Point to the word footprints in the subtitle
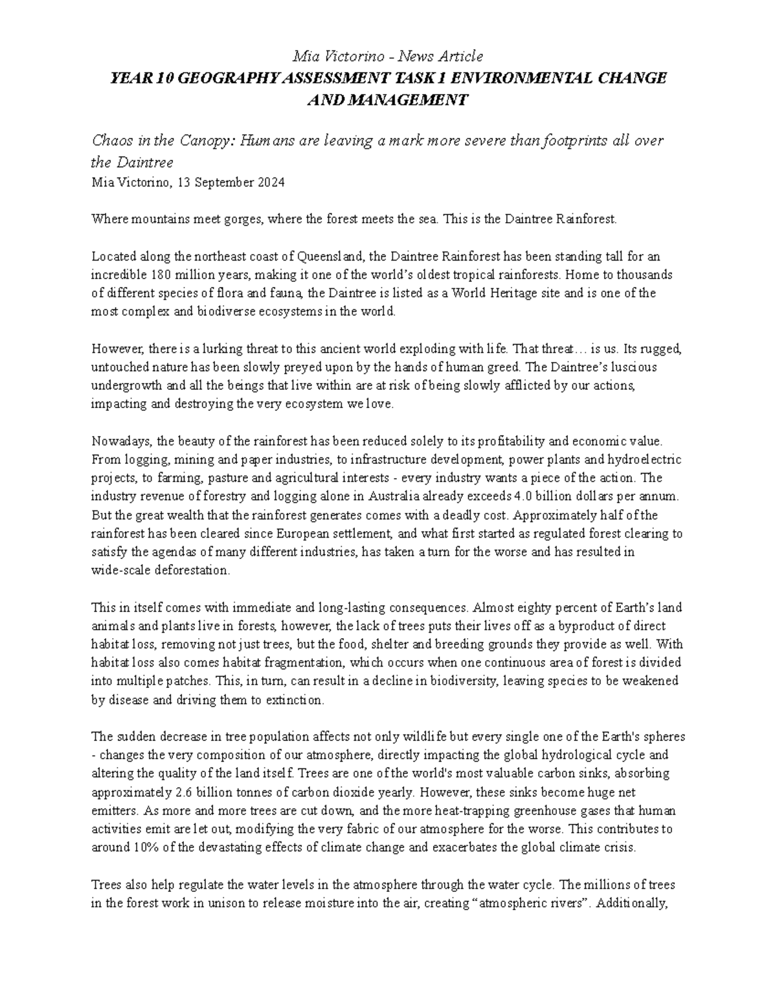572,141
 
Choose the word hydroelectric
644,459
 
